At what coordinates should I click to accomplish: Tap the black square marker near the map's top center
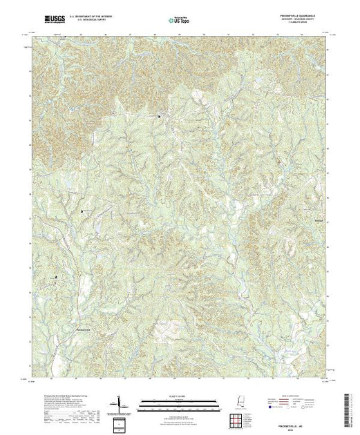tap(160, 117)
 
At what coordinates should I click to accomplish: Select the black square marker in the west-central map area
tap(82, 211)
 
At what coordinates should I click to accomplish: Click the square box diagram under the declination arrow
tap(122, 422)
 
